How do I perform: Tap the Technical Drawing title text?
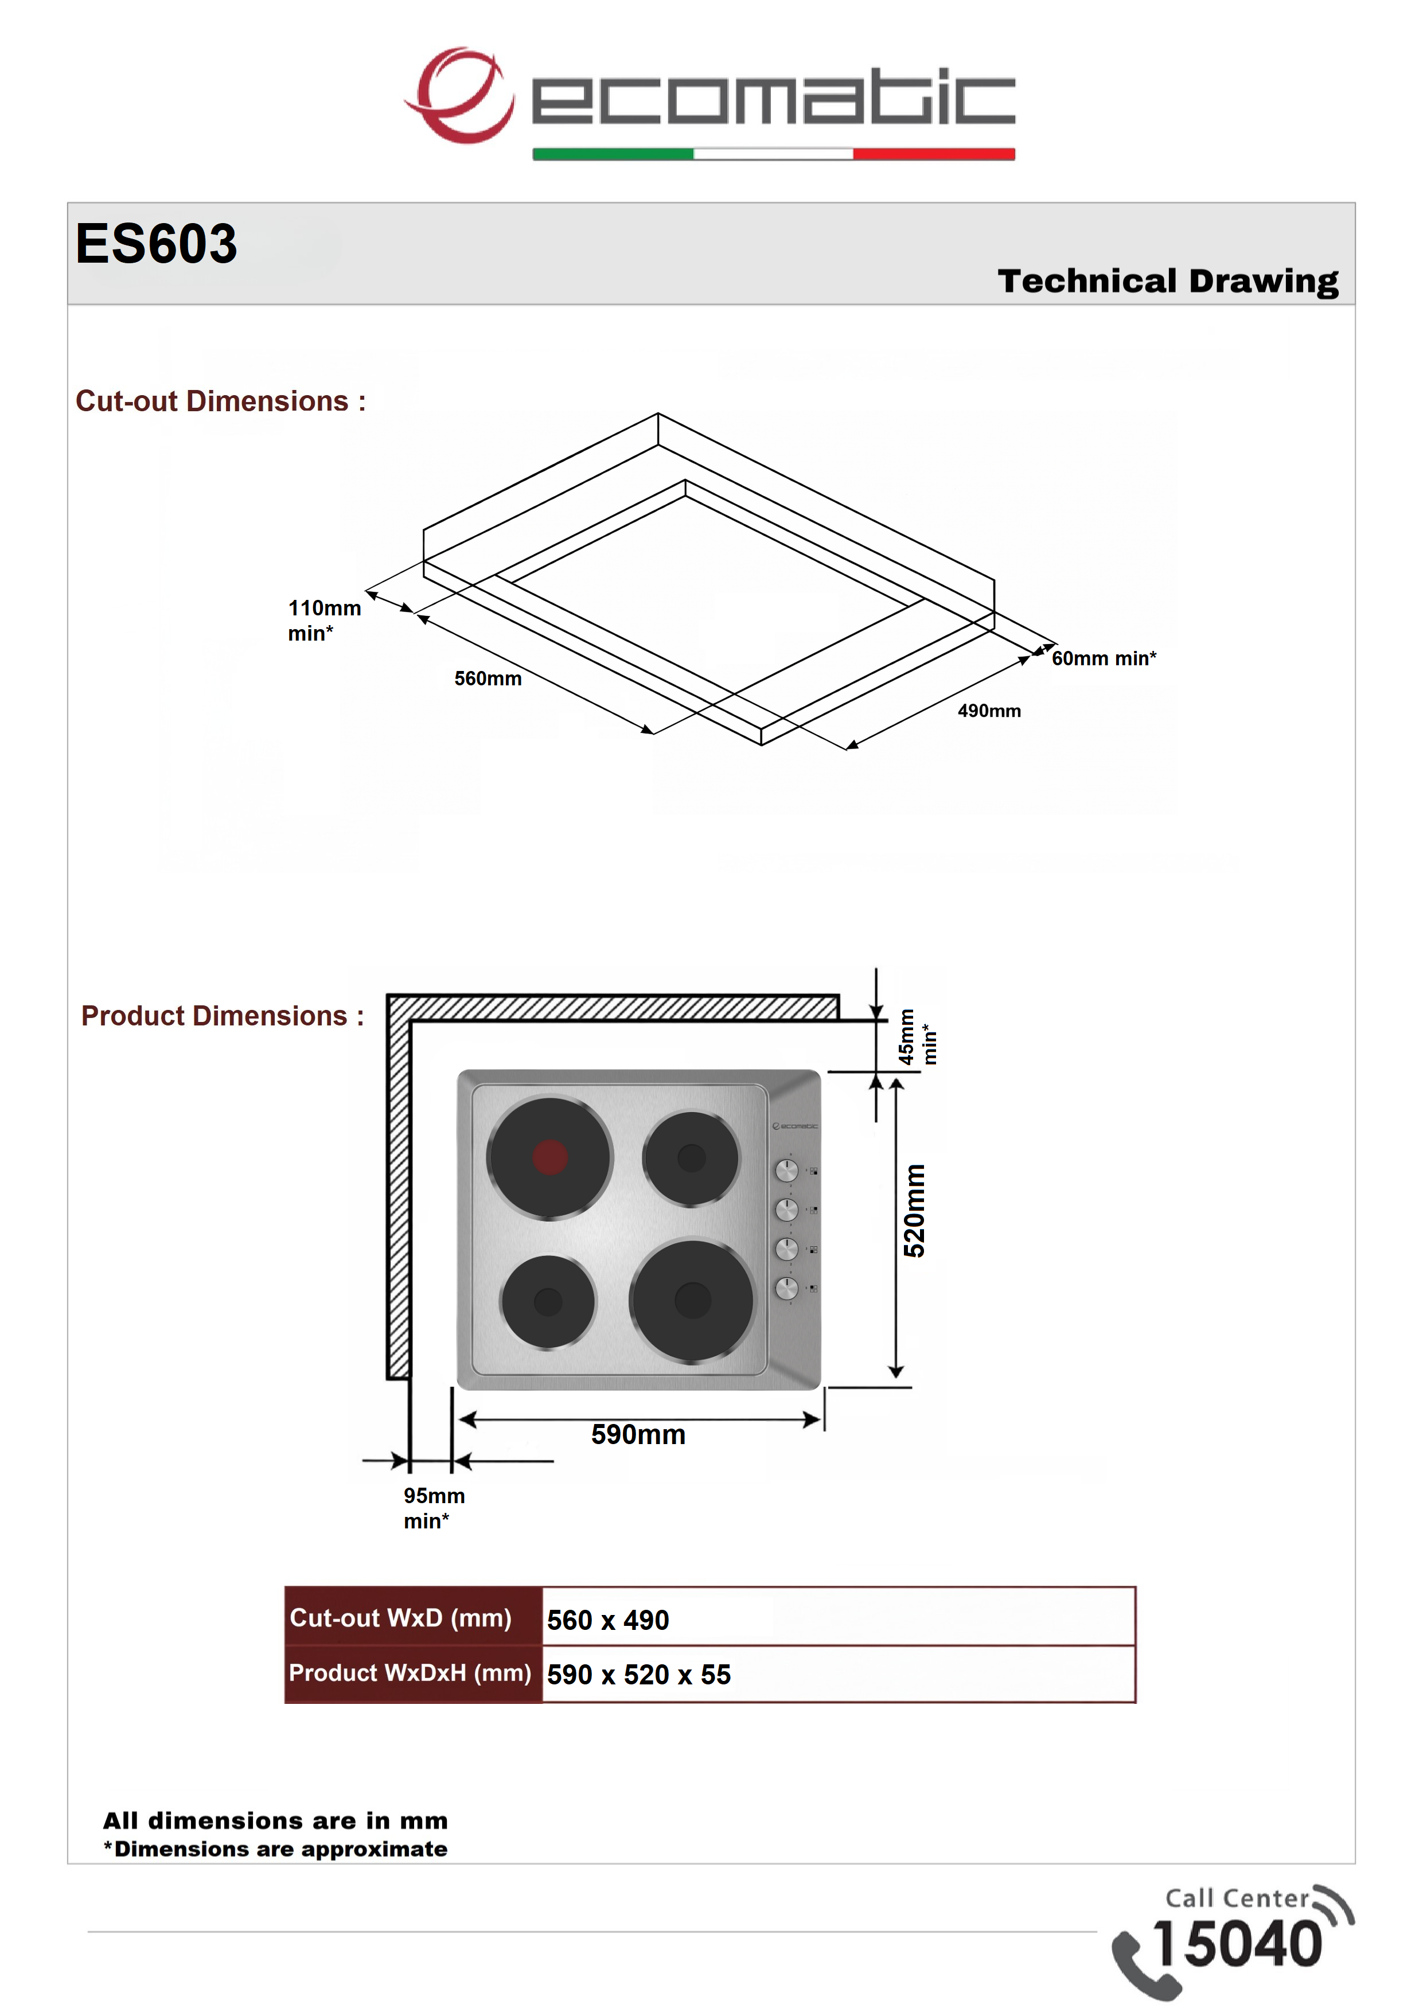click(1168, 282)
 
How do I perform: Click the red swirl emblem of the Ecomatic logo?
click(459, 95)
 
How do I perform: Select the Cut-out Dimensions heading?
click(220, 401)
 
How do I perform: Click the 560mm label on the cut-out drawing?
click(488, 678)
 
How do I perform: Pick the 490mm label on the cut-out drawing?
click(989, 711)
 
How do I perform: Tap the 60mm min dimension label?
click(1104, 658)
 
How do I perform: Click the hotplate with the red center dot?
click(549, 1157)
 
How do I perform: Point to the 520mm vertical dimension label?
click(914, 1211)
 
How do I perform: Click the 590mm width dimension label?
click(638, 1434)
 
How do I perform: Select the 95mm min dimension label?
click(434, 1508)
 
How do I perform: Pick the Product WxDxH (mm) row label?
click(410, 1673)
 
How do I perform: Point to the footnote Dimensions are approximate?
click(275, 1849)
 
